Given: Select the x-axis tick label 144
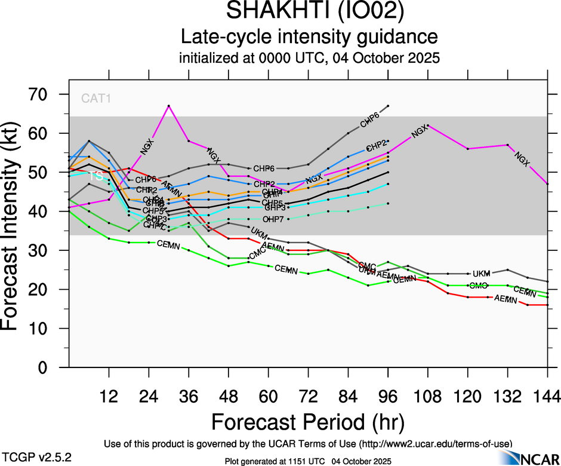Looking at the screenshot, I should click(547, 397).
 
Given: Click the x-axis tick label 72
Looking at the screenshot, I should click(308, 397).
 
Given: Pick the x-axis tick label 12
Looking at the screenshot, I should click(109, 397).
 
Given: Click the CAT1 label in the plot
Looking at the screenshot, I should click(96, 99).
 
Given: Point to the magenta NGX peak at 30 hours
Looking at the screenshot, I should click(169, 106).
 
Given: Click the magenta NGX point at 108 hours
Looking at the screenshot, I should click(428, 125).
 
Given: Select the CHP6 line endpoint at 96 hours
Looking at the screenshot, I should click(388, 106).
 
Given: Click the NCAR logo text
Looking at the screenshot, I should click(539, 459).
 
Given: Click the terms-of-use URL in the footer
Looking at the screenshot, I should click(435, 444).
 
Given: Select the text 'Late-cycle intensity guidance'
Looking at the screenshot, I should click(309, 37).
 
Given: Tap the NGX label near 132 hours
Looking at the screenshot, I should click(522, 160).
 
